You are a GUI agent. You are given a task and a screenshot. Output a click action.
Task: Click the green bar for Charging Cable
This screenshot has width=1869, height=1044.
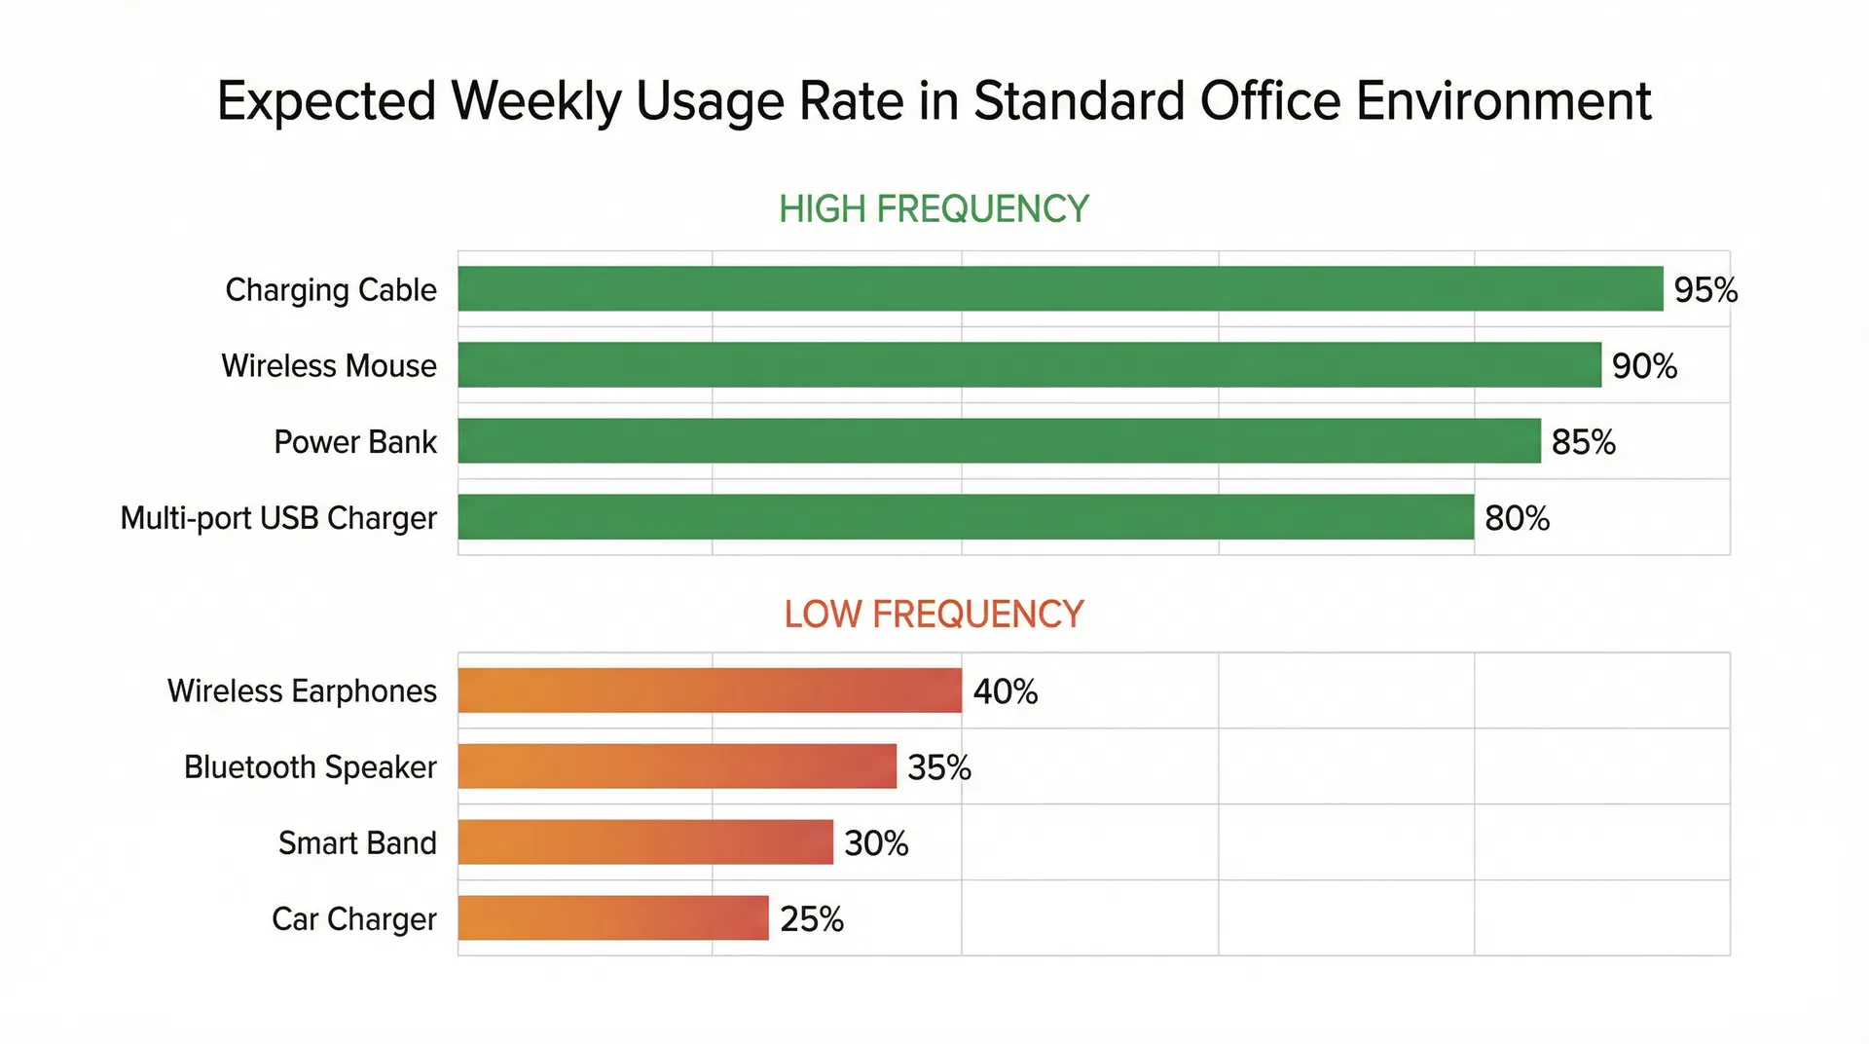(x=1060, y=288)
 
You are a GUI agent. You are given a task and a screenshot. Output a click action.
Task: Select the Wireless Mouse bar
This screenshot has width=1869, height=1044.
(x=1029, y=364)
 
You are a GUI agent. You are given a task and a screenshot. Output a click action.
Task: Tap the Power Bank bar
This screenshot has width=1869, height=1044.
(x=999, y=440)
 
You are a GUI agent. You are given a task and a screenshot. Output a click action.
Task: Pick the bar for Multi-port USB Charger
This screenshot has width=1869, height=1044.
(x=966, y=516)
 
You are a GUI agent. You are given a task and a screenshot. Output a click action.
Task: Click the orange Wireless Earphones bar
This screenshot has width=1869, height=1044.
(x=710, y=690)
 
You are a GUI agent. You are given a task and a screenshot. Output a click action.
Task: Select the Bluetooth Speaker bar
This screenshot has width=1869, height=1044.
(x=677, y=765)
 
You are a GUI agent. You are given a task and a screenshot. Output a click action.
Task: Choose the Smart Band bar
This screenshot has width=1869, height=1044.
(x=645, y=841)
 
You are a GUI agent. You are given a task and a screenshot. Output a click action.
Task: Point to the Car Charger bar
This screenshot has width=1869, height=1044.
(x=613, y=917)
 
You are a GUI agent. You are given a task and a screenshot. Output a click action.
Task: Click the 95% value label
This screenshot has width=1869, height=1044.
(x=1704, y=289)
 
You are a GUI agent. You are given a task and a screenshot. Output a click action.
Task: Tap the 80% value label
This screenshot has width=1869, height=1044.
(x=1517, y=517)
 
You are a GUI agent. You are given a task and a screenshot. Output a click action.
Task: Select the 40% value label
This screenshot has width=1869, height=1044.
(x=1005, y=690)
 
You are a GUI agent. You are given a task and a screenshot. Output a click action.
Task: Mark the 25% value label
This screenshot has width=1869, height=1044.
(x=811, y=918)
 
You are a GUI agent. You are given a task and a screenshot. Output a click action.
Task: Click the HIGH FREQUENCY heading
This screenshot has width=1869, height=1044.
(x=933, y=208)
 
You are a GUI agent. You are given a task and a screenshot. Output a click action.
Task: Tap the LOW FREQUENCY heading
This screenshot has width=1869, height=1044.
(x=933, y=614)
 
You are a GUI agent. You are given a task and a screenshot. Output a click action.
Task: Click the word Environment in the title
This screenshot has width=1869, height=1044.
(x=1503, y=100)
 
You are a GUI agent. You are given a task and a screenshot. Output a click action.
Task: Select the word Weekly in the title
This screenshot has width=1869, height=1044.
(x=535, y=102)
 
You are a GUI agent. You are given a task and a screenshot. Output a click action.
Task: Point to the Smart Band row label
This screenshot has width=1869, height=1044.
(x=357, y=842)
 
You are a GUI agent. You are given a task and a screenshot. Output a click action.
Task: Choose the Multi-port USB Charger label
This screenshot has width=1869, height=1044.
(x=278, y=518)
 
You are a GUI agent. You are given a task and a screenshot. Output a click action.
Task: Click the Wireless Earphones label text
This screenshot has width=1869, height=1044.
(x=302, y=690)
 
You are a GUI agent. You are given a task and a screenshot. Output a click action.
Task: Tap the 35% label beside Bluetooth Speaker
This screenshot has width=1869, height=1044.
(x=938, y=766)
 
